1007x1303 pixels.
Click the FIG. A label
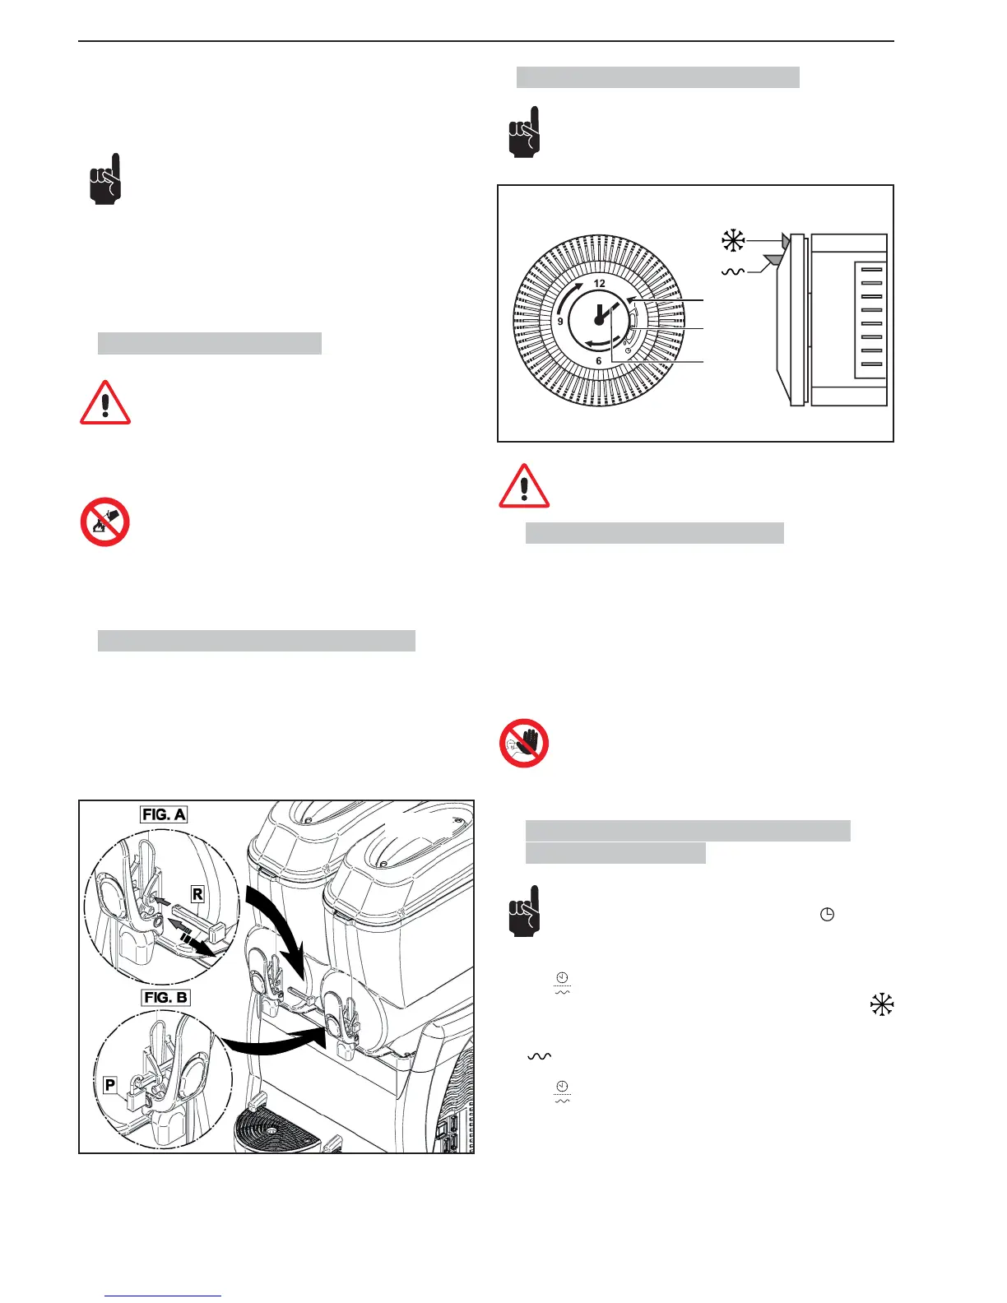pyautogui.click(x=164, y=814)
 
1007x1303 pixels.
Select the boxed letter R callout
pyautogui.click(x=197, y=893)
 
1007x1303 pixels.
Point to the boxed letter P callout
pyautogui.click(x=110, y=1085)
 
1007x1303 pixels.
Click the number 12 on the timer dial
pyautogui.click(x=600, y=283)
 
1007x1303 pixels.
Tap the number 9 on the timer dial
pyautogui.click(x=560, y=321)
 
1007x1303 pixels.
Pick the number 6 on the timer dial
pyautogui.click(x=599, y=360)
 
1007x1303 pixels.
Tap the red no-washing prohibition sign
pyautogui.click(x=105, y=522)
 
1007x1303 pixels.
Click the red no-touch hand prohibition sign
pyautogui.click(x=524, y=744)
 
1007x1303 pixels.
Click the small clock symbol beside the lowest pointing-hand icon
pyautogui.click(x=828, y=915)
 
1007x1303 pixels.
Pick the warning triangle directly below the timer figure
pyautogui.click(x=524, y=486)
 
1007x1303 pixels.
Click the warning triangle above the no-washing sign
pyautogui.click(x=105, y=402)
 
